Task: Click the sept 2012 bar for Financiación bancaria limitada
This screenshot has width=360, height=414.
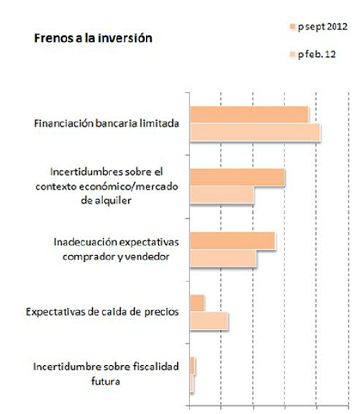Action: pyautogui.click(x=248, y=115)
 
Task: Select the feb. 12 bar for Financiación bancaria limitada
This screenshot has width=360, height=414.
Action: pyautogui.click(x=254, y=133)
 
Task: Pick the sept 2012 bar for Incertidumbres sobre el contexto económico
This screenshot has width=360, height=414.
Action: pyautogui.click(x=237, y=178)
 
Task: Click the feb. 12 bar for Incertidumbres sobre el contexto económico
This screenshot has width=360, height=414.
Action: pyautogui.click(x=222, y=195)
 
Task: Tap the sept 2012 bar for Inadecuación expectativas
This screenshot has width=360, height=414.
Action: pyautogui.click(x=232, y=241)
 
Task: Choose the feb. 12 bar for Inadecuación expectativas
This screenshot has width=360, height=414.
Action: pyautogui.click(x=222, y=258)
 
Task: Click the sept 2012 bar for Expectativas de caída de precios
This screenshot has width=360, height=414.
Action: pyautogui.click(x=197, y=303)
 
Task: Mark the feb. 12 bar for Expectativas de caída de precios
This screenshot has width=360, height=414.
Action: pyautogui.click(x=209, y=321)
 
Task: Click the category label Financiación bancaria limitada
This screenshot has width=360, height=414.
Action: pyautogui.click(x=106, y=124)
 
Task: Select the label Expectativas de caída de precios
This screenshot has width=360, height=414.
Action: pyautogui.click(x=102, y=312)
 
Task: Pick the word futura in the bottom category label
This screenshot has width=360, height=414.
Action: pyautogui.click(x=106, y=381)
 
